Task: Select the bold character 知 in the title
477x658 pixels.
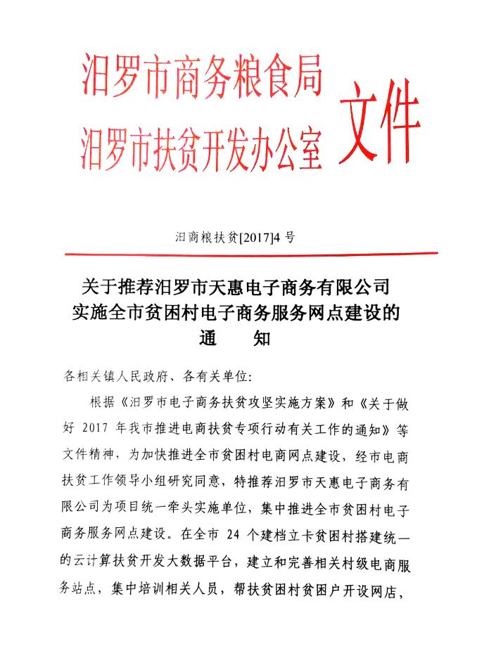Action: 261,338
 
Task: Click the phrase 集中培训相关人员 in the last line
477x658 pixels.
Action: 163,591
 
